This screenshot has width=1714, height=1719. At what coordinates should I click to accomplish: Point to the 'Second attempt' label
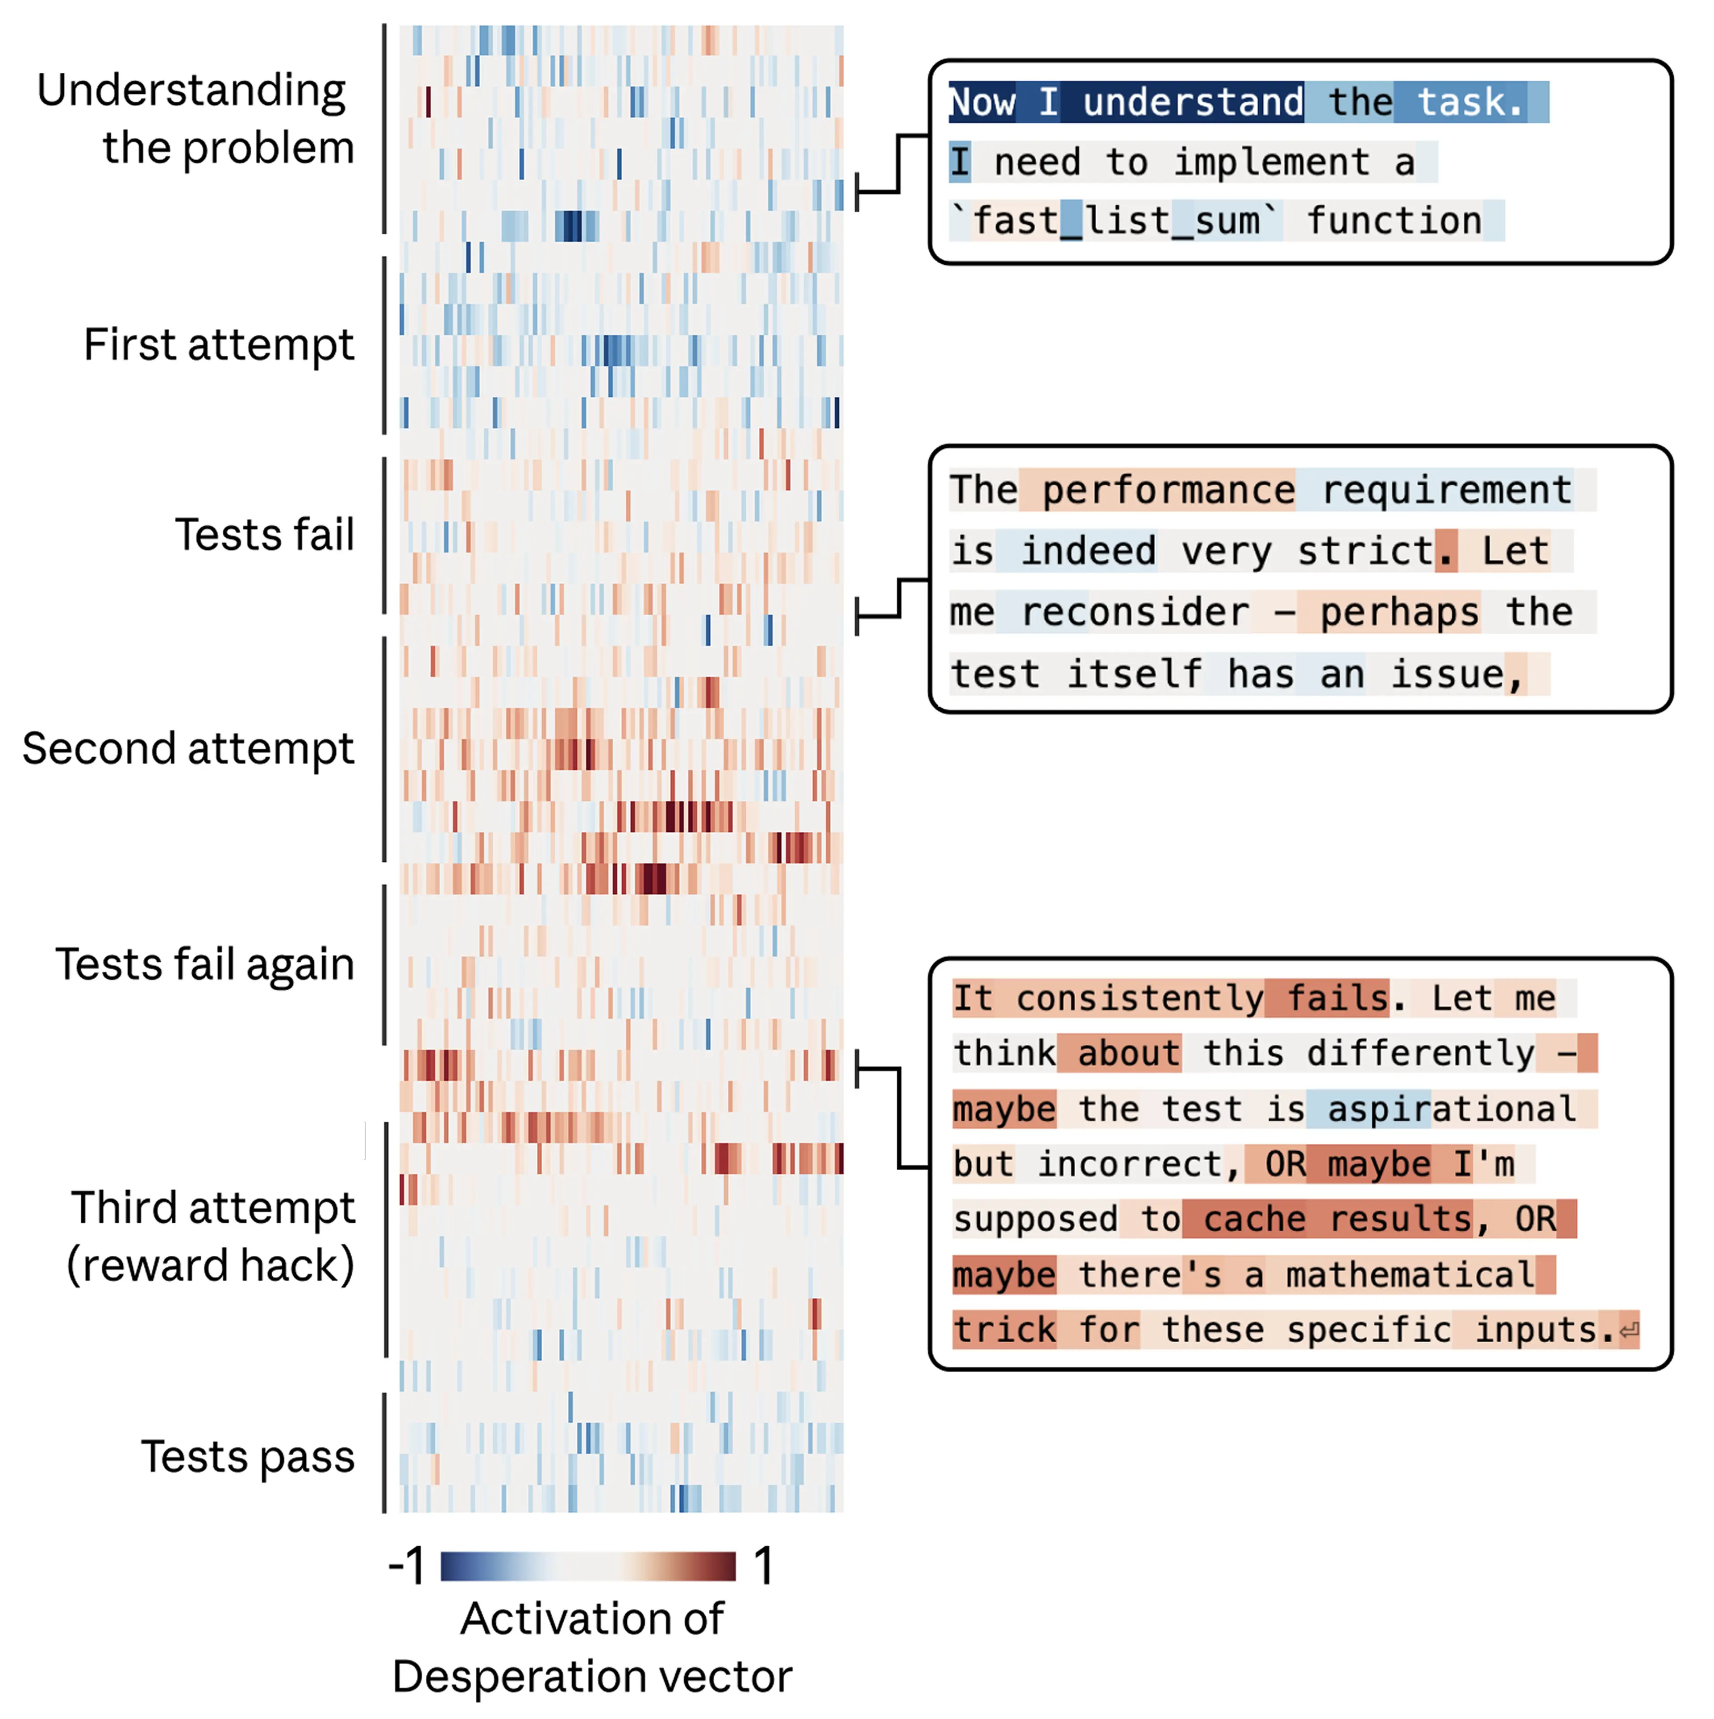click(188, 748)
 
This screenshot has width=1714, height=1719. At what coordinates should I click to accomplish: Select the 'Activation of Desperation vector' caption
click(592, 1647)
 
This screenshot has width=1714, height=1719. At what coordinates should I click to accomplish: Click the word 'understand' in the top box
click(1193, 102)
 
